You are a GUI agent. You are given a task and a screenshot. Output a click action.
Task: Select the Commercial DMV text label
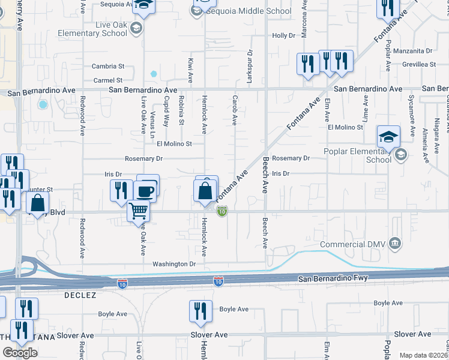click(354, 244)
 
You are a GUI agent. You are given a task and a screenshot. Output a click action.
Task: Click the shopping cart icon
click(139, 211)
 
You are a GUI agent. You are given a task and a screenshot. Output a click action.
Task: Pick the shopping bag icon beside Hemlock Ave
click(205, 191)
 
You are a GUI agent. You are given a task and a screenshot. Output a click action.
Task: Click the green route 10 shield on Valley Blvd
click(222, 211)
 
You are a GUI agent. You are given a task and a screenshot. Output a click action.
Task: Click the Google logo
click(20, 352)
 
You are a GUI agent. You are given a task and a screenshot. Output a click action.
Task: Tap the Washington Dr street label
click(174, 264)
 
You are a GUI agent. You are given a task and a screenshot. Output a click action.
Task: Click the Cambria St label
click(108, 67)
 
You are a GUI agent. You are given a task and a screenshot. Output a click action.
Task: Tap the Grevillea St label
click(419, 64)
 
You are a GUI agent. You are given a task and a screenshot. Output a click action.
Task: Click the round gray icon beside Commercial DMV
click(396, 243)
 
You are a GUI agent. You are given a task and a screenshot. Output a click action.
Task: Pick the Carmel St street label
click(108, 80)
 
